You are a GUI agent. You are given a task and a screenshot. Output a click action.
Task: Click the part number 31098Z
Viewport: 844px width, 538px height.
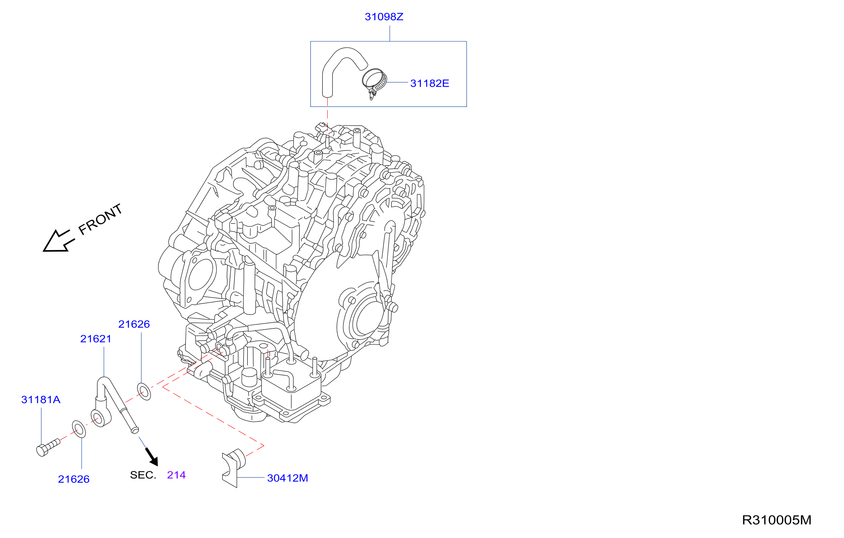click(x=384, y=17)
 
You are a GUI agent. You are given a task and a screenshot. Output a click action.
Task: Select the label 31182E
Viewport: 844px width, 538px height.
click(x=430, y=83)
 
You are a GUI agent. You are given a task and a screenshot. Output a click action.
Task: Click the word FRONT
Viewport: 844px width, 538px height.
click(x=100, y=219)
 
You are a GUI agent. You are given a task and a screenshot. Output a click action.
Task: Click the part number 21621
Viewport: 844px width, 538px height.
click(x=96, y=339)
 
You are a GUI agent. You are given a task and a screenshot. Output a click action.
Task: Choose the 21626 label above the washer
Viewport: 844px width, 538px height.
click(x=134, y=324)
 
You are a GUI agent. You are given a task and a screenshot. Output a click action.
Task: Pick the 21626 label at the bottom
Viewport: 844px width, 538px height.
click(x=74, y=479)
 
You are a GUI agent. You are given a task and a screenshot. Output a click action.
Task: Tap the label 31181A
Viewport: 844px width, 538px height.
click(x=41, y=400)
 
